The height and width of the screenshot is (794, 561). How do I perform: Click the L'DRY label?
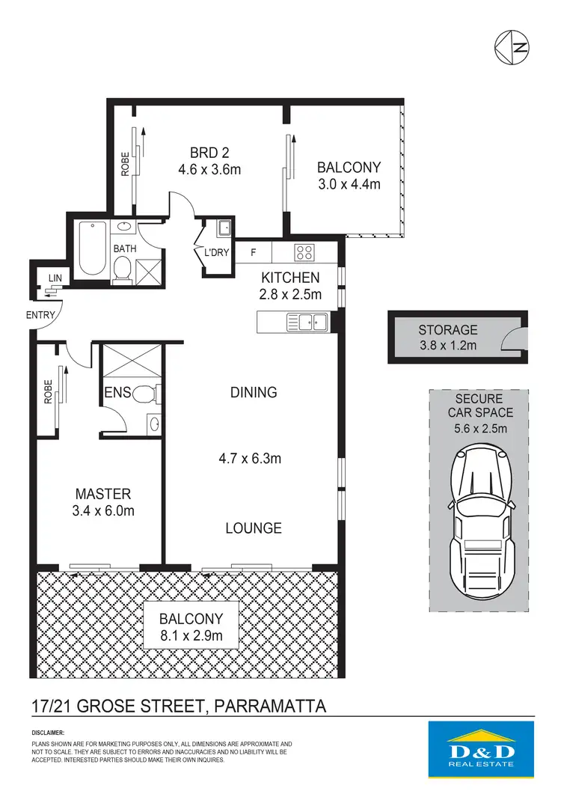[216, 253]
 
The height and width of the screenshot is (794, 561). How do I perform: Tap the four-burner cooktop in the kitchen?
[305, 251]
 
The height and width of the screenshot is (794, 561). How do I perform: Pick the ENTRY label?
[40, 315]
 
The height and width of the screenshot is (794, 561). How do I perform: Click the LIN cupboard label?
[55, 278]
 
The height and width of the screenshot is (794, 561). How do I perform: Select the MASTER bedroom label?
[103, 494]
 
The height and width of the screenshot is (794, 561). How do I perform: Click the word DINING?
[254, 392]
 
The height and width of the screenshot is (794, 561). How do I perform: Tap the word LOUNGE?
[254, 528]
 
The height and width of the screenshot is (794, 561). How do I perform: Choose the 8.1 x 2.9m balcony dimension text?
[191, 635]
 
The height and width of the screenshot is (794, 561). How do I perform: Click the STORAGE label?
[447, 329]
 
